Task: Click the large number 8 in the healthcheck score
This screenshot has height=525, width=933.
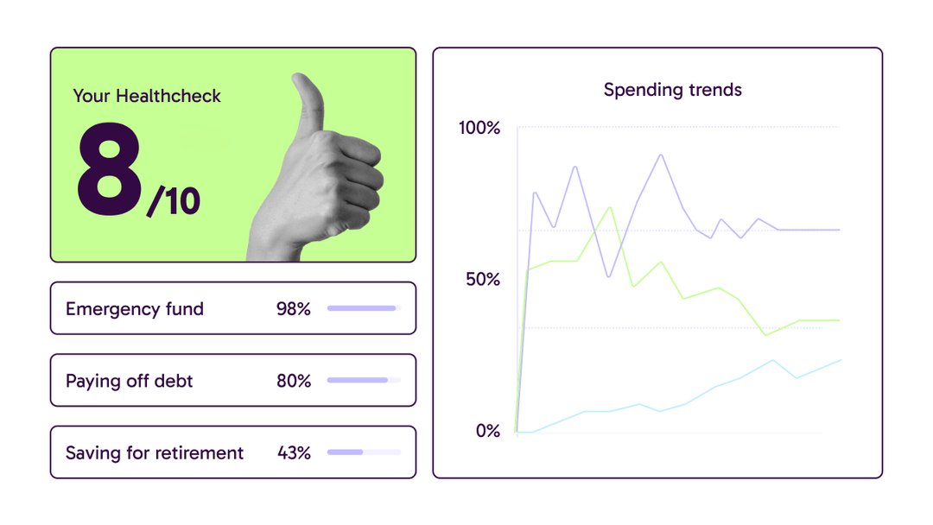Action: (x=109, y=170)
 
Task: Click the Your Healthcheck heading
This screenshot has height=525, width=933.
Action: (x=147, y=96)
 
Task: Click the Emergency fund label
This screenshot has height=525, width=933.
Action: (x=135, y=309)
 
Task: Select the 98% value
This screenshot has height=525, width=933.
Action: (x=294, y=309)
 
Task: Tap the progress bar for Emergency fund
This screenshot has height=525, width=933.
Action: (x=364, y=308)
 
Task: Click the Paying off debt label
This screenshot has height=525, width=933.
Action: (x=130, y=381)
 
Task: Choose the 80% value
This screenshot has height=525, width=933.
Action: (x=294, y=381)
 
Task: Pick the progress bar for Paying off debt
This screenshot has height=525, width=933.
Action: (x=364, y=380)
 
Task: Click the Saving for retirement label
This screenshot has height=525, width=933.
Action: (x=155, y=452)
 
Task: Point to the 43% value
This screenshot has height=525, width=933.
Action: (x=294, y=452)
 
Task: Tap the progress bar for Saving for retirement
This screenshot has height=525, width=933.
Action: (x=364, y=452)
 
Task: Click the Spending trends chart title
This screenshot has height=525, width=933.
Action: (x=672, y=90)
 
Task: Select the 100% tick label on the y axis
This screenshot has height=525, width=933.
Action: (x=479, y=128)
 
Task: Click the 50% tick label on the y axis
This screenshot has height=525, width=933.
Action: (x=482, y=280)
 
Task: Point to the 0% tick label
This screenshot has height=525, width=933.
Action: (x=487, y=431)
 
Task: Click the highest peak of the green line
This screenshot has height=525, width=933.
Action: (x=611, y=207)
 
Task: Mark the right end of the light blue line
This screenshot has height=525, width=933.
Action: (x=841, y=360)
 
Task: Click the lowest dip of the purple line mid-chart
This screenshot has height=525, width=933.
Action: (x=609, y=276)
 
